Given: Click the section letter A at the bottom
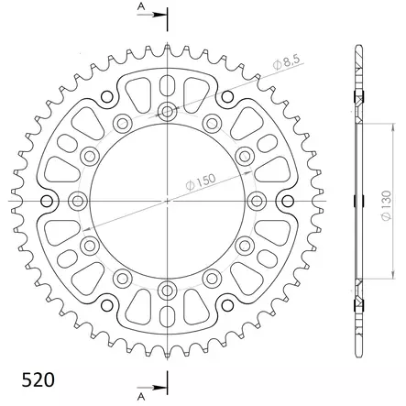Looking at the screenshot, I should (x=140, y=398).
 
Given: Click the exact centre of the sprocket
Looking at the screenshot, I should (x=168, y=200).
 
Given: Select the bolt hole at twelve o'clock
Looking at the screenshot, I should (x=168, y=112).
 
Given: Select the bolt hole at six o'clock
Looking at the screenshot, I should (x=168, y=289).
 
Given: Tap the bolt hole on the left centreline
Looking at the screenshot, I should (x=79, y=200).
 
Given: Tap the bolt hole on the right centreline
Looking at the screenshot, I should (x=257, y=200).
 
